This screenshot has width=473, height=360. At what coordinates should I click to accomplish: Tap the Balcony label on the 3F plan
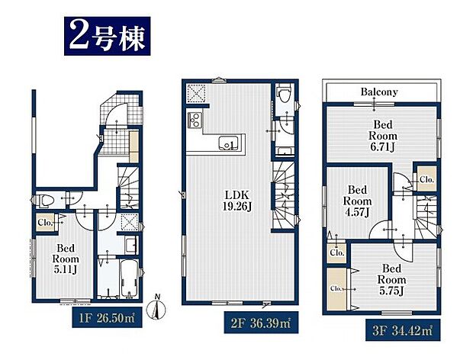379,92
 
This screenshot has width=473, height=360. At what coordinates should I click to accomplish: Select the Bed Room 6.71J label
381,134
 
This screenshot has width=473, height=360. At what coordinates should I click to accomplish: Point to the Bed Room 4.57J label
356,200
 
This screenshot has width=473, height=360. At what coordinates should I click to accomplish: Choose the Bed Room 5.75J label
391,278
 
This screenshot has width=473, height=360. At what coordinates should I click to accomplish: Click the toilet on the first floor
47,200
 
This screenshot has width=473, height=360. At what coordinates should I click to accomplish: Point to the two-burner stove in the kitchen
194,121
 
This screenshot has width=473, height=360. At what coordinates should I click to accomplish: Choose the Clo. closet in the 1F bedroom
44,223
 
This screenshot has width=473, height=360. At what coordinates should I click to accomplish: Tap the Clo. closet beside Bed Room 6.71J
425,180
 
